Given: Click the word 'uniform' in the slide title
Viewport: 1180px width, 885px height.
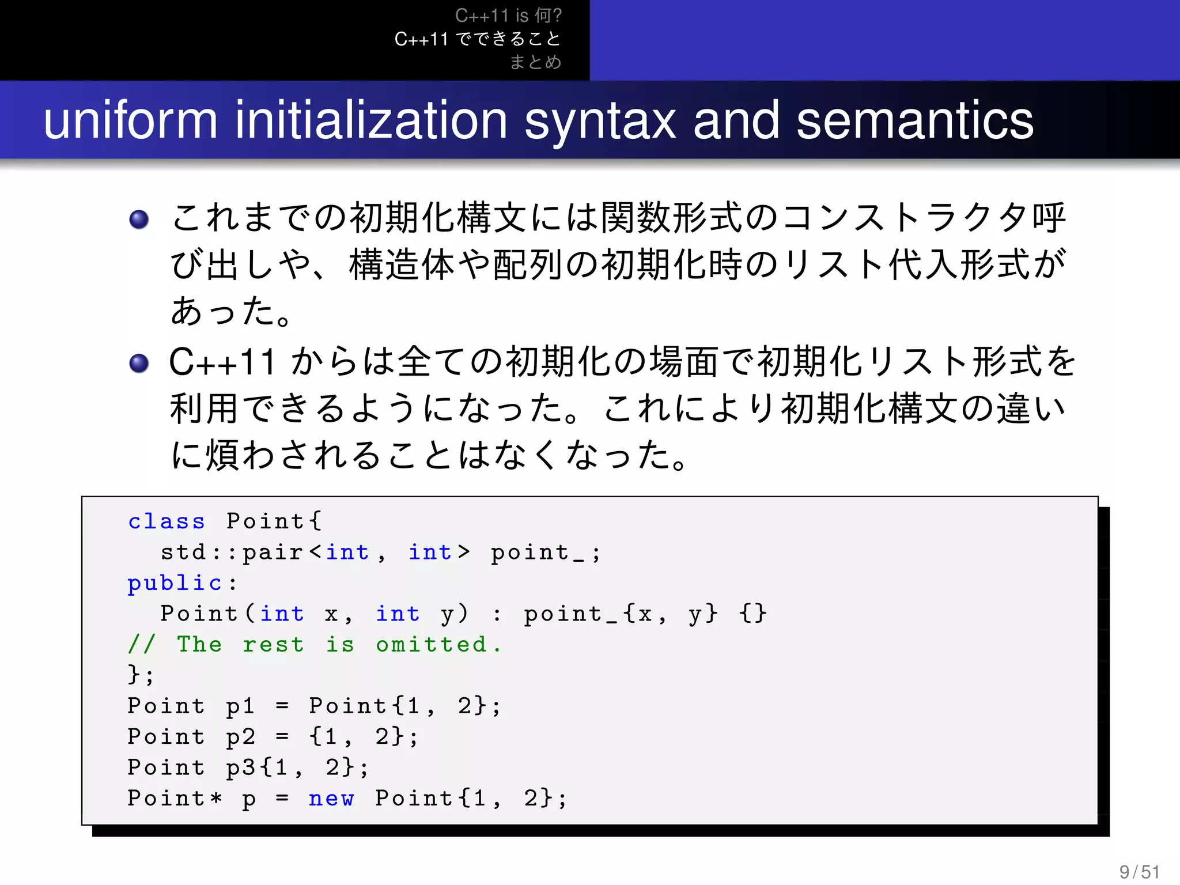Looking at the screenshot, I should click(131, 120).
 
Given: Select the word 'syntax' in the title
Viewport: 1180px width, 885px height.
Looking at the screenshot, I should click(600, 120).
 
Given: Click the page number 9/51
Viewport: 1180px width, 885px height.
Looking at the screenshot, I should click(1139, 871).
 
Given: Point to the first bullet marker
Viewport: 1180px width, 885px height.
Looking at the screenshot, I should click(139, 220).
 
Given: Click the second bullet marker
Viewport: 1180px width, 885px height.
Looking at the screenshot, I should click(139, 363).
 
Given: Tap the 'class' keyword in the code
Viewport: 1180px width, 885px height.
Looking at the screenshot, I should click(166, 521).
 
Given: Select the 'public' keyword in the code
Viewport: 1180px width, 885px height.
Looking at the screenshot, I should click(175, 583).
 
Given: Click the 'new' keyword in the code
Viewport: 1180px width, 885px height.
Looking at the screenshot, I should click(331, 799).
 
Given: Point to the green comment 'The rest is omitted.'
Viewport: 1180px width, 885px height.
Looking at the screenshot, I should click(314, 644).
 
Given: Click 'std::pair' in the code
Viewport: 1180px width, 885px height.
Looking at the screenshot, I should click(231, 552).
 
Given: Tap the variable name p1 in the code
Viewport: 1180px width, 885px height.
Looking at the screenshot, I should click(240, 706).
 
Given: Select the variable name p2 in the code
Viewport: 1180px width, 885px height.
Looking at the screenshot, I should click(240, 737).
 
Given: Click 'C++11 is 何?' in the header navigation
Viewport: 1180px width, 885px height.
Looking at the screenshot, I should click(508, 16).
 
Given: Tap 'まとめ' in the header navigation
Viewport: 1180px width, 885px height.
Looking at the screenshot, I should click(535, 62).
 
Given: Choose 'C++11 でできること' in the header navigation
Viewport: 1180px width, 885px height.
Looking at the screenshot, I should click(478, 39).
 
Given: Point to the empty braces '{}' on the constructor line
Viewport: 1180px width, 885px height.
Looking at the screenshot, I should click(753, 613).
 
